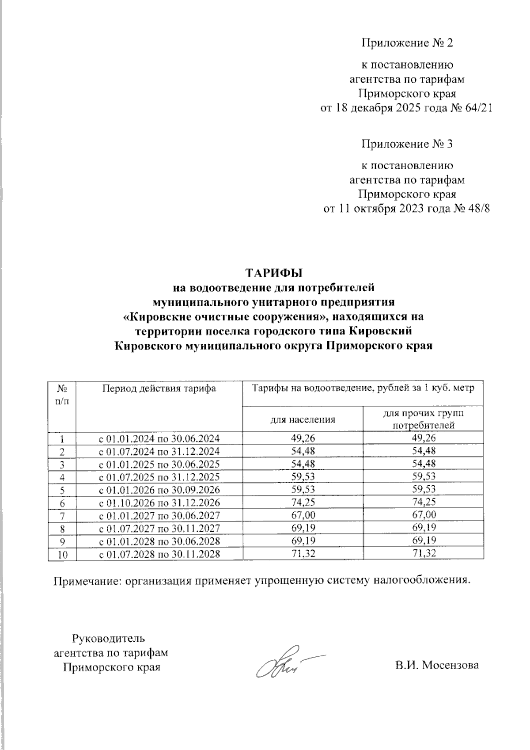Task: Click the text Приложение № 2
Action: point(407,43)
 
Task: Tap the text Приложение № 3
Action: point(407,144)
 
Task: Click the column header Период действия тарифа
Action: point(159,388)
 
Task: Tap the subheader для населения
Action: point(302,419)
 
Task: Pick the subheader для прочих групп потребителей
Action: point(423,419)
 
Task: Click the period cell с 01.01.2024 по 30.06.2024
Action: point(159,439)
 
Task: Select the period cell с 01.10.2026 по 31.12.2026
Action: point(159,503)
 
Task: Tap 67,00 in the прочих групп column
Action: point(423,515)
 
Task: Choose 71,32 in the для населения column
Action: point(302,553)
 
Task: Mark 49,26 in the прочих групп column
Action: point(423,438)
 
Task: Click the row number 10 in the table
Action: point(62,554)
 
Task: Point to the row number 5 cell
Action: point(62,490)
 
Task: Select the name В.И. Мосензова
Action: point(436,666)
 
